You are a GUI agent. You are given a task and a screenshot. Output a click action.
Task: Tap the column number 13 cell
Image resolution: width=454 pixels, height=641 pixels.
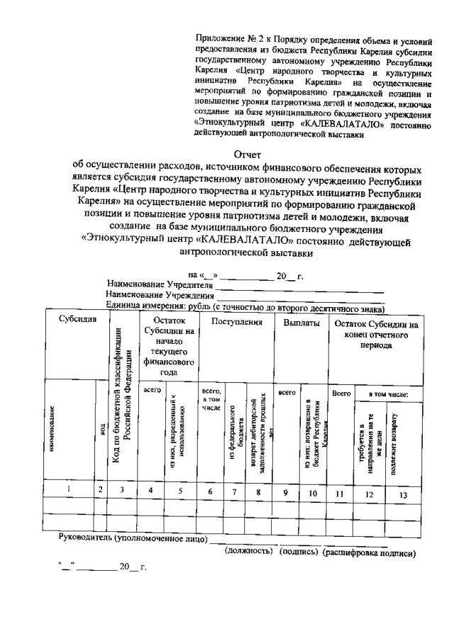coord(402,495)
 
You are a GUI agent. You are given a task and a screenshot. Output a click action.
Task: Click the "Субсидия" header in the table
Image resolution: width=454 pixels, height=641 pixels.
coord(77,319)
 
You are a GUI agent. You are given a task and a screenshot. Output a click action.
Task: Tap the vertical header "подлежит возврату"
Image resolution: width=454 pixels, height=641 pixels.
coord(394,433)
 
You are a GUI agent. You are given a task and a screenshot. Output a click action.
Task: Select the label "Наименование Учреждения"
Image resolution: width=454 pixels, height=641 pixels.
coord(160,296)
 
